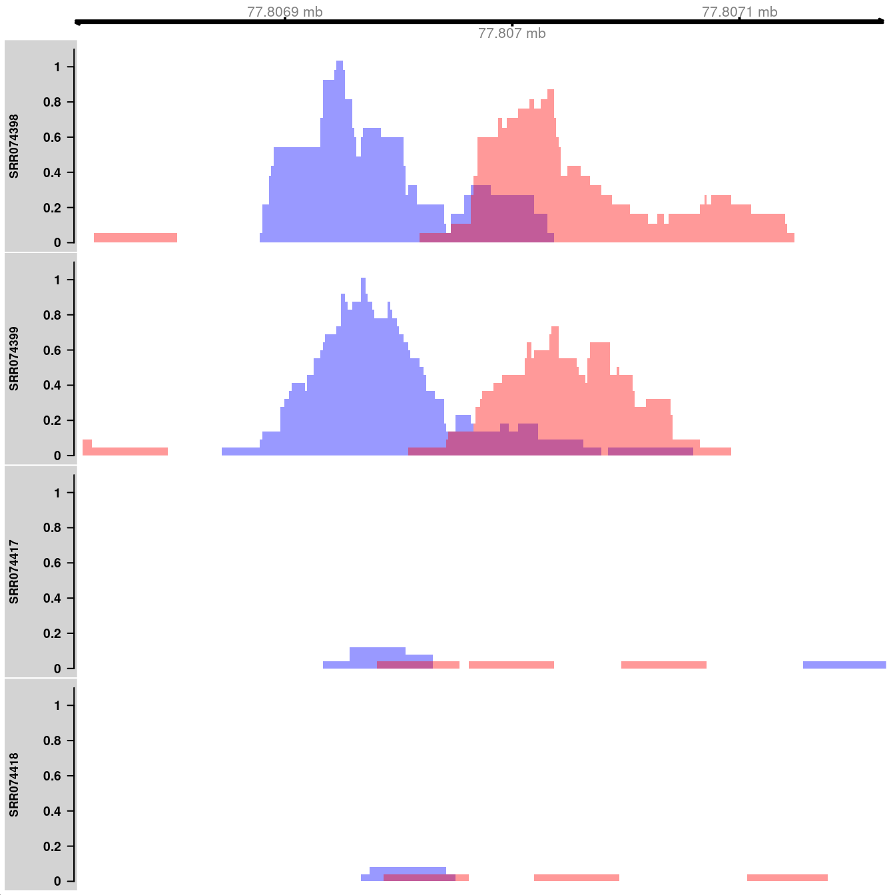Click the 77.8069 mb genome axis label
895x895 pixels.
(x=284, y=12)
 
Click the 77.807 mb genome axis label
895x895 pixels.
(x=511, y=33)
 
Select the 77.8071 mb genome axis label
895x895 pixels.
(x=739, y=12)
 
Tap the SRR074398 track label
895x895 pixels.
(x=14, y=146)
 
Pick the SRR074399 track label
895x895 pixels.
(x=14, y=358)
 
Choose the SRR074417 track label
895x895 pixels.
(x=14, y=571)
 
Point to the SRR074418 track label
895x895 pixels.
(x=14, y=784)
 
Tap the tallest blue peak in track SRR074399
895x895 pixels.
(x=363, y=282)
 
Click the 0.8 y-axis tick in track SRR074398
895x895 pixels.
(x=61, y=103)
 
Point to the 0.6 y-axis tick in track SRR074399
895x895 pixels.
(x=61, y=350)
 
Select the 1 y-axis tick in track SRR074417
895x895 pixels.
(x=61, y=493)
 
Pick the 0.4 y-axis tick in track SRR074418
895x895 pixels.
(x=61, y=811)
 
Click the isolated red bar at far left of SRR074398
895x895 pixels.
(x=135, y=238)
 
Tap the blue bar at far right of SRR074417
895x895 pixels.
(x=844, y=665)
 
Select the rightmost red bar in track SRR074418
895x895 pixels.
(x=787, y=878)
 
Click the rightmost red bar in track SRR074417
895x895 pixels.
(x=663, y=665)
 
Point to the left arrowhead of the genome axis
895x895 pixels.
(x=78, y=22)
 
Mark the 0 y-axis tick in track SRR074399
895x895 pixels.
(x=61, y=455)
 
